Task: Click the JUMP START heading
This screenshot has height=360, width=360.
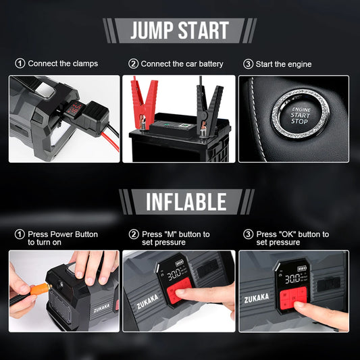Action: (x=179, y=30)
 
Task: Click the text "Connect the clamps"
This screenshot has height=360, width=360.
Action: (x=63, y=63)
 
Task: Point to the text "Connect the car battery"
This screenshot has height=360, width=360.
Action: (x=182, y=63)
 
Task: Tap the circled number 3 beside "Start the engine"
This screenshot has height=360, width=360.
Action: (x=248, y=63)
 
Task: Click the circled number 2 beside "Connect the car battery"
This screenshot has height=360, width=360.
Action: (x=134, y=63)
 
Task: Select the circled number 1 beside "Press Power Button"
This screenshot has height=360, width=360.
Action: (x=20, y=234)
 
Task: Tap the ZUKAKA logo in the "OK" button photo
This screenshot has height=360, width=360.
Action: (x=257, y=297)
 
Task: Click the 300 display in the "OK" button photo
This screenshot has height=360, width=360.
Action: (x=292, y=278)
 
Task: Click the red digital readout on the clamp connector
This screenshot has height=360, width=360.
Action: (x=74, y=107)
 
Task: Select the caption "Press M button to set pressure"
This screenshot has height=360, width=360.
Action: (x=176, y=238)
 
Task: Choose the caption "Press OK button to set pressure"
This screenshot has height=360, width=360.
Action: (x=292, y=238)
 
